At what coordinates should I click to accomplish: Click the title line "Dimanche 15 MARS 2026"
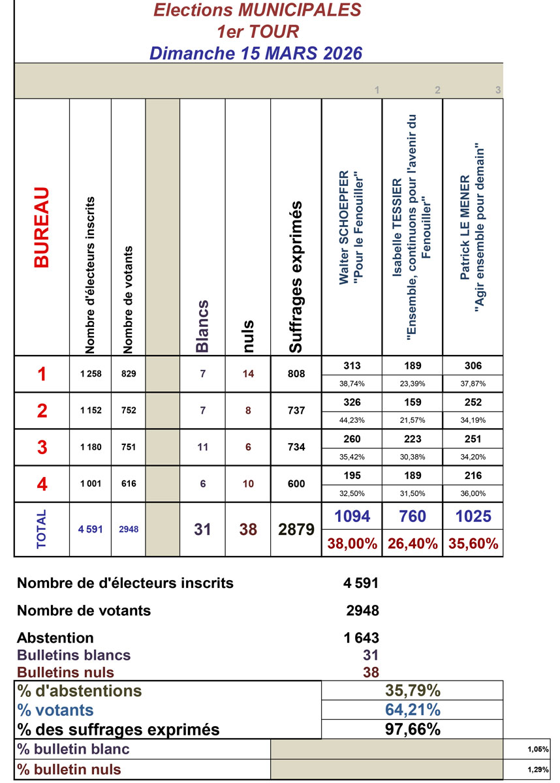tap(255, 53)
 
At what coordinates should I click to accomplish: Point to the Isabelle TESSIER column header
tap(412, 228)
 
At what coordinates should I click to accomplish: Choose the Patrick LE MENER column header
tap(473, 228)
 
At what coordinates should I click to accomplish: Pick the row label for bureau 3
tap(42, 447)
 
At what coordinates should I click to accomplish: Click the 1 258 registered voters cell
tap(91, 375)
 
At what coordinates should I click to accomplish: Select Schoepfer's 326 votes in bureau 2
tap(352, 402)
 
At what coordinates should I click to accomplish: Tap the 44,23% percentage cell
tap(352, 420)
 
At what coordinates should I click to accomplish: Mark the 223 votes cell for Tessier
tap(412, 438)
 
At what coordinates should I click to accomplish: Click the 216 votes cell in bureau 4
tap(473, 476)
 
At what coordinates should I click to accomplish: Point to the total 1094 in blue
tap(352, 517)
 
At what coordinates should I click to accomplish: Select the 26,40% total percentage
tap(412, 544)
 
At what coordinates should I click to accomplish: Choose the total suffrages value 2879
tap(296, 530)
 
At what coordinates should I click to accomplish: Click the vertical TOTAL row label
tap(42, 529)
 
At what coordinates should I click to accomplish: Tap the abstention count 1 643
tap(361, 637)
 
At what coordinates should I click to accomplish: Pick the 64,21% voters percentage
tap(412, 710)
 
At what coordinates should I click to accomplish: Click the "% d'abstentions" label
tap(80, 690)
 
